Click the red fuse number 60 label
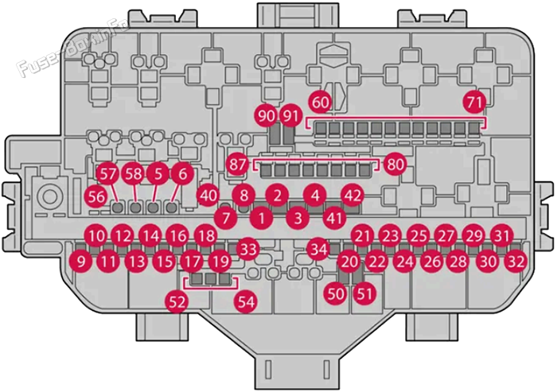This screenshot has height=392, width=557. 321,103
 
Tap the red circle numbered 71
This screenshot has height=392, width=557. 475,103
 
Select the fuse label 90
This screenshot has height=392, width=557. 266,116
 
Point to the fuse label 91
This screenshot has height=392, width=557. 290,116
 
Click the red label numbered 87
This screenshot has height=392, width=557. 238,165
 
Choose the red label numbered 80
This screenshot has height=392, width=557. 395,165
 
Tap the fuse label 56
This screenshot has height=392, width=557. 96,196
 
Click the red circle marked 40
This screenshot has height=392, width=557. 208,196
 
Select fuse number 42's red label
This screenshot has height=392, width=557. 353,196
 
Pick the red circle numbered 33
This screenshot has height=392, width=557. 248,249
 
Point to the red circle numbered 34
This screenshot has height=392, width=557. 318,249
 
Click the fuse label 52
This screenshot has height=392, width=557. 177,302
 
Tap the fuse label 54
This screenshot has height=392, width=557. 246,302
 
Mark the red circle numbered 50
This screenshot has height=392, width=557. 336,293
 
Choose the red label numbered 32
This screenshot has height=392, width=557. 516,262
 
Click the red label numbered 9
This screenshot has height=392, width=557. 81,262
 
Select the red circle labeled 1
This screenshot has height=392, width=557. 262,218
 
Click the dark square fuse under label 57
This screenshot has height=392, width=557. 117,207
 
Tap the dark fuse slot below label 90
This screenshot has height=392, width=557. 275,135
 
